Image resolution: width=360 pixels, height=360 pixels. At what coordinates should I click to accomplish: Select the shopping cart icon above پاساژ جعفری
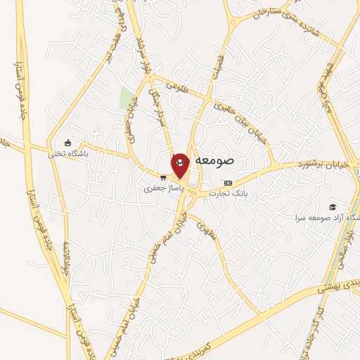click(x=163, y=177)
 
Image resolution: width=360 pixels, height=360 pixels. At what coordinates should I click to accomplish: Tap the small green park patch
click(x=127, y=98)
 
